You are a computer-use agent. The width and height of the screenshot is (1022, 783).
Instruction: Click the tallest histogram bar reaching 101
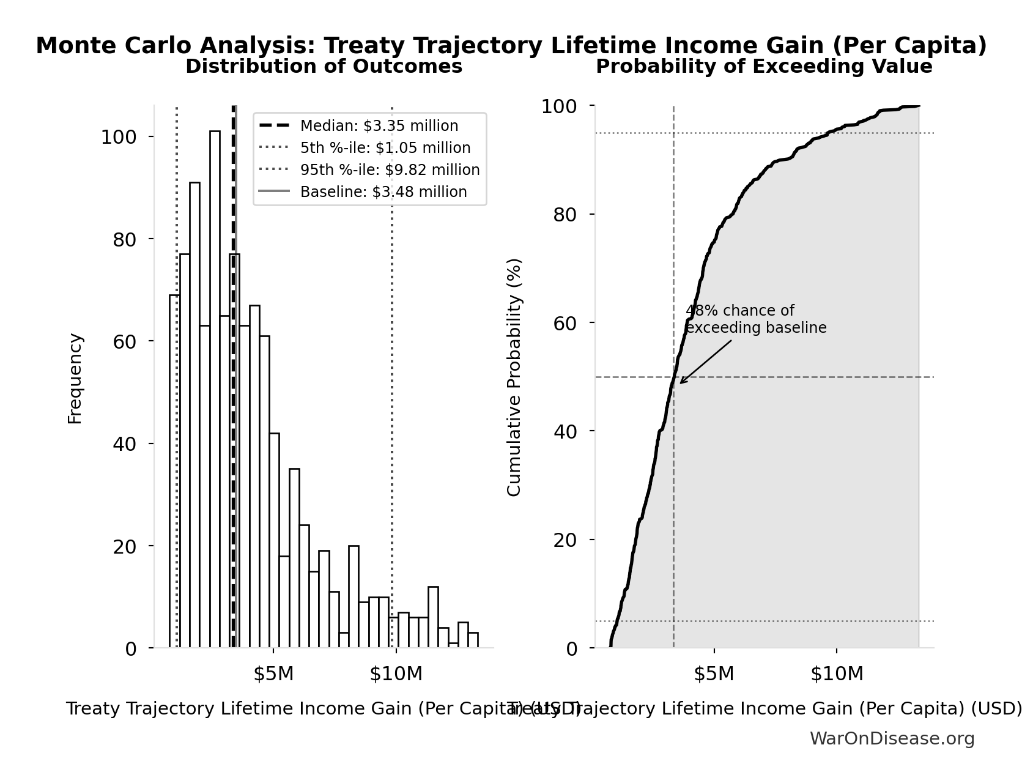[x=215, y=391]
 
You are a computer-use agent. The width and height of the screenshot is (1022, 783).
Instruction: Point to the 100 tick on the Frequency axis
[x=119, y=137]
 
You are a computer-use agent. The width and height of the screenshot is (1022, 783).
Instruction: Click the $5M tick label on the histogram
[x=274, y=674]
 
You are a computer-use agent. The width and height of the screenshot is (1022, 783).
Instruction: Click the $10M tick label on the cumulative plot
[x=837, y=674]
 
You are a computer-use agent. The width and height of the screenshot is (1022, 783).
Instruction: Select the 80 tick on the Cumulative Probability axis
[x=565, y=215]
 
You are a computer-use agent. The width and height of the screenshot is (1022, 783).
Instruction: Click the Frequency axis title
[x=75, y=378]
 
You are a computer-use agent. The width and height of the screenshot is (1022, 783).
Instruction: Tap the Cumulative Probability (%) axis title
[x=514, y=377]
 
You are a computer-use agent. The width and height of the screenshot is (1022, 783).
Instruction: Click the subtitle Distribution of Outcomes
[x=324, y=66]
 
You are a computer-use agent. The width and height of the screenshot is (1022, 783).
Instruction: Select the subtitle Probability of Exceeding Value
[x=764, y=66]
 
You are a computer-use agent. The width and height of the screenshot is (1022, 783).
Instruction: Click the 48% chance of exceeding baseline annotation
[x=755, y=319]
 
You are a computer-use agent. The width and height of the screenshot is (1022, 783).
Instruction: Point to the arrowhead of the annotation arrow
[x=681, y=382]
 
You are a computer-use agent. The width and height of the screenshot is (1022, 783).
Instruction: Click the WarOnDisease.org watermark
[x=892, y=739]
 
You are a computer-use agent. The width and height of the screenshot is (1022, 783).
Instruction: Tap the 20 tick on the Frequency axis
[x=125, y=546]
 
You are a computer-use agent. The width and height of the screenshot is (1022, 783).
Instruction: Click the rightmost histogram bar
[x=473, y=640]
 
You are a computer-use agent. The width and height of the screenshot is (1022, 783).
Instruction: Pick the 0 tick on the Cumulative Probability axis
[x=571, y=648]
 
